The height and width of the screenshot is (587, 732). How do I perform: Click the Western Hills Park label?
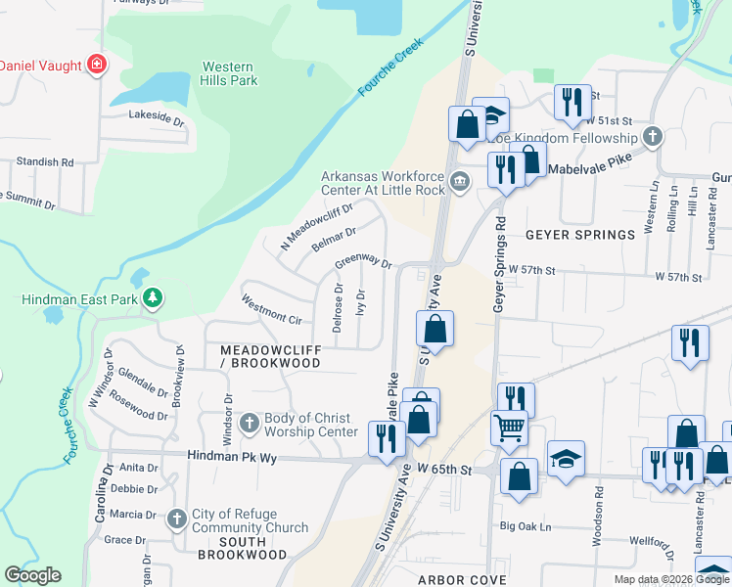click(x=229, y=73)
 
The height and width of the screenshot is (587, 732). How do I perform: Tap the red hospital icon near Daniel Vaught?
click(x=98, y=66)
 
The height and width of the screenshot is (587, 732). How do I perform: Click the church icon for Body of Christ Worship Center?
click(x=249, y=424)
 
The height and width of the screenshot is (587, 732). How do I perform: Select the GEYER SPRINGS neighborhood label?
click(x=579, y=235)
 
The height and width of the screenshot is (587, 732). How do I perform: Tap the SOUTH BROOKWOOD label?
click(x=231, y=548)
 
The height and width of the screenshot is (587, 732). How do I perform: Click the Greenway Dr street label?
click(x=363, y=261)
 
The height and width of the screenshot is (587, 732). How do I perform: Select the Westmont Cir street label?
click(x=271, y=310)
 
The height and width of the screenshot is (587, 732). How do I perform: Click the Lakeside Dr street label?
click(x=157, y=117)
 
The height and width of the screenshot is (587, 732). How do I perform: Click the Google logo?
click(x=32, y=575)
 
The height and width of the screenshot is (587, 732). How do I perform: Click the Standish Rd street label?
click(x=45, y=161)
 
